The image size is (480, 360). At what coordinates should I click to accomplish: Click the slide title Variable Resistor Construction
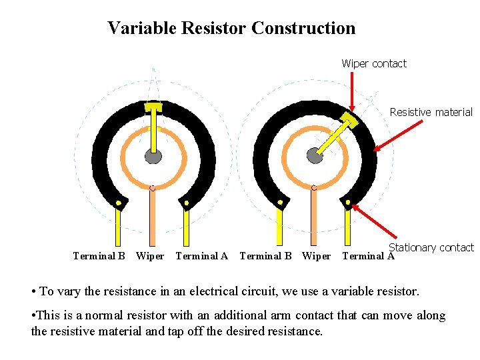tap(231, 28)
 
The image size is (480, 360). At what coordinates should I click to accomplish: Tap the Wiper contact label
tap(373, 63)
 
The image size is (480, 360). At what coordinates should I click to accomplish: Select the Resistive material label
tap(431, 112)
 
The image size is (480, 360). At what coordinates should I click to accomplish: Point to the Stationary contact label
tap(431, 247)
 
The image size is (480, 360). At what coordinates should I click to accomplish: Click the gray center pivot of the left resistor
tap(154, 157)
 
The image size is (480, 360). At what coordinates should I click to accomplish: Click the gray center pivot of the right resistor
tap(315, 155)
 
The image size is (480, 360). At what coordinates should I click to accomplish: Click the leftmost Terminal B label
tap(99, 255)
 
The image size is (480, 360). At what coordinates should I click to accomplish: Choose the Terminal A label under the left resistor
tap(201, 255)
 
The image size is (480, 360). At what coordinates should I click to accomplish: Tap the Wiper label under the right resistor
tap(316, 255)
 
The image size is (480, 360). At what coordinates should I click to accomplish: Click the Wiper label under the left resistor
tap(150, 255)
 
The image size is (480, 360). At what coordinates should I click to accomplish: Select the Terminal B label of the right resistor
tap(265, 255)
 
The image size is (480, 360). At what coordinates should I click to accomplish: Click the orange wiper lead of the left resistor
tap(153, 220)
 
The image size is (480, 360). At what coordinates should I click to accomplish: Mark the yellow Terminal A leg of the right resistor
tap(347, 227)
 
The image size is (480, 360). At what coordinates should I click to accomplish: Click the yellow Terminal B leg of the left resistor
tap(119, 227)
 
